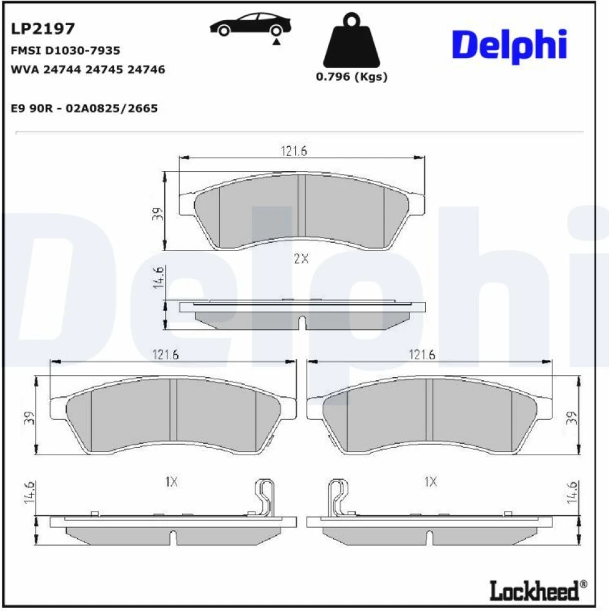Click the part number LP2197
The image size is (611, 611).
pyautogui.click(x=43, y=29)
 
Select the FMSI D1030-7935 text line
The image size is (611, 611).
pyautogui.click(x=65, y=50)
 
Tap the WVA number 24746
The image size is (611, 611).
pyautogui.click(x=146, y=70)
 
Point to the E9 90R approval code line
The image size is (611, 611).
pyautogui.click(x=84, y=108)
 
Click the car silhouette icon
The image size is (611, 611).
pyautogui.click(x=251, y=25)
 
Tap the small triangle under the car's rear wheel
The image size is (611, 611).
pyautogui.click(x=276, y=42)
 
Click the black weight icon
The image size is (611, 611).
pyautogui.click(x=351, y=40)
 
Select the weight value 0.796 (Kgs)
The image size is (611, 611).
pyautogui.click(x=351, y=76)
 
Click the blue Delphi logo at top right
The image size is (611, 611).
pyautogui.click(x=510, y=46)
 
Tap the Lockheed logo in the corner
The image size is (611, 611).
pyautogui.click(x=538, y=590)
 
